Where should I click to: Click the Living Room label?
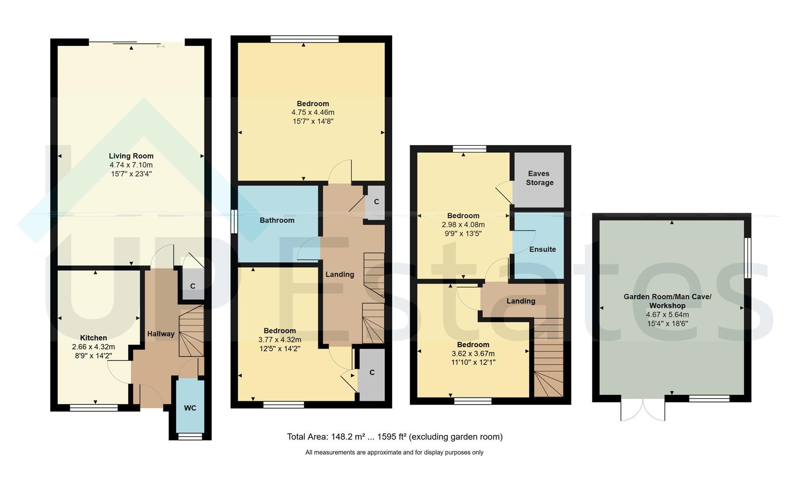(131, 156)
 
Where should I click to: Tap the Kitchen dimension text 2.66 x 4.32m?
(93, 347)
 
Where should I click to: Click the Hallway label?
(161, 334)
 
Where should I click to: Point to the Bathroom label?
(277, 220)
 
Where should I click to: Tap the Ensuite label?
(543, 250)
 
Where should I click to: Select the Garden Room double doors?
(643, 409)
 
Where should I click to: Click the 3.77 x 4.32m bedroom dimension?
(280, 340)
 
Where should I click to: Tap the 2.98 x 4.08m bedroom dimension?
(463, 225)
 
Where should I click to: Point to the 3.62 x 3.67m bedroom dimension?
(473, 354)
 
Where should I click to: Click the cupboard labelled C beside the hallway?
(192, 286)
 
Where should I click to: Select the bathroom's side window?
(234, 220)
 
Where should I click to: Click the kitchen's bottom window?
(94, 408)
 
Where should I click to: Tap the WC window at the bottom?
(190, 436)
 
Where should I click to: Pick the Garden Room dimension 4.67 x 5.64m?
(667, 315)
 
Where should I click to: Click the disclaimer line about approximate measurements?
(394, 452)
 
